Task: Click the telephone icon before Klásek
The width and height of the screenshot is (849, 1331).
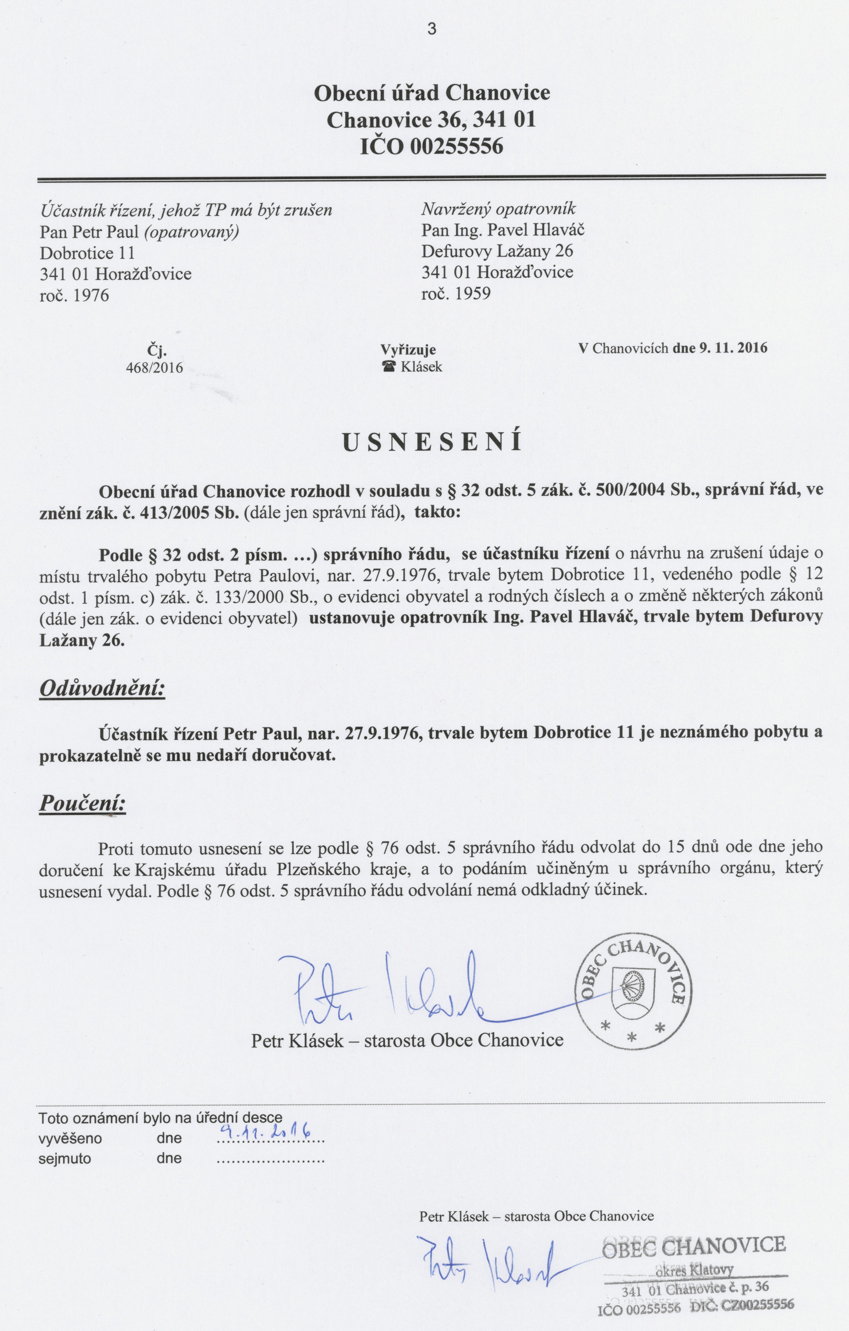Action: click(390, 366)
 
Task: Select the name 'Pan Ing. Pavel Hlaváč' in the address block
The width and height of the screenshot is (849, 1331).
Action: click(503, 230)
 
